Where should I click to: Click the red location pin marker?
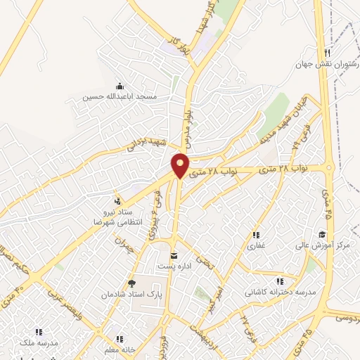[181, 165]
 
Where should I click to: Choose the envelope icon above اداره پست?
[174, 255]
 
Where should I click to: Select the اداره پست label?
[174, 266]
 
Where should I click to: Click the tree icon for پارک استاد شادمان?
[131, 283]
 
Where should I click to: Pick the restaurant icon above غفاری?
[255, 236]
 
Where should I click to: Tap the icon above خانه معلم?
[118, 339]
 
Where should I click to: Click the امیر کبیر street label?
[220, 292]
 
